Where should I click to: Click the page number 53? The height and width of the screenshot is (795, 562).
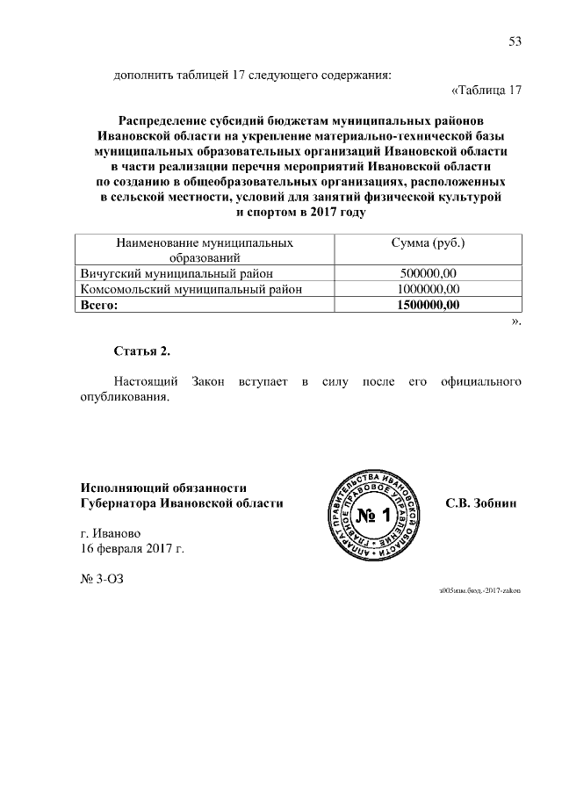pyautogui.click(x=515, y=41)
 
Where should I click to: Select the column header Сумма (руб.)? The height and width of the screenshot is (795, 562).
pyautogui.click(x=428, y=242)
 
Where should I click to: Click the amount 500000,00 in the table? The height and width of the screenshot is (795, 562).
pyautogui.click(x=428, y=272)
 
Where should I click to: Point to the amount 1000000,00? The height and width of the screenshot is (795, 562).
pyautogui.click(x=428, y=288)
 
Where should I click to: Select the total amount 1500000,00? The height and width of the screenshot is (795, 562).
pyautogui.click(x=428, y=304)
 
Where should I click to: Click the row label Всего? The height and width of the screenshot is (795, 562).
pyautogui.click(x=98, y=304)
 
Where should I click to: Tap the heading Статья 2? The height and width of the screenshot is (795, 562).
pyautogui.click(x=142, y=351)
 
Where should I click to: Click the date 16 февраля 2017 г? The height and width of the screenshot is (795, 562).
pyautogui.click(x=132, y=549)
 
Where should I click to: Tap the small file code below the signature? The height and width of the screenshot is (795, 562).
pyautogui.click(x=479, y=591)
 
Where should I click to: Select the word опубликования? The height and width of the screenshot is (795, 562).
pyautogui.click(x=118, y=397)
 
